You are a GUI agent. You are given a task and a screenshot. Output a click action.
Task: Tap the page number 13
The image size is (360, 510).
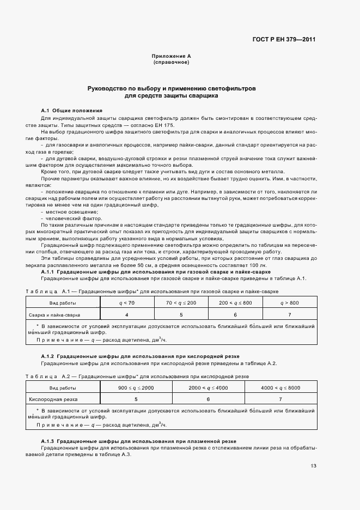tap(313, 465)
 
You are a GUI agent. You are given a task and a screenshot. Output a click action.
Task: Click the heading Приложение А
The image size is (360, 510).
tap(170, 57)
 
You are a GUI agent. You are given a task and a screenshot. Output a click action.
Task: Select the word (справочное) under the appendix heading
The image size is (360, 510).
tap(170, 63)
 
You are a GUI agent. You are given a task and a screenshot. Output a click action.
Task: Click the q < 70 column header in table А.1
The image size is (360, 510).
tap(127, 302)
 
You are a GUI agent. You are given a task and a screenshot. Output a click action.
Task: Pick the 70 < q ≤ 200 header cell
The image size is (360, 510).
tap(181, 302)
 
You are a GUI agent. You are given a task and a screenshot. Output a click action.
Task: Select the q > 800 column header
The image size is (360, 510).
tap(289, 302)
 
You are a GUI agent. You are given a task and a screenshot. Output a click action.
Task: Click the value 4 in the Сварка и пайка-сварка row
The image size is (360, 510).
tap(127, 315)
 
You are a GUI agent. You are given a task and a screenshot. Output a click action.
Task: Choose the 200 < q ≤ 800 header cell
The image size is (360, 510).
tap(235, 302)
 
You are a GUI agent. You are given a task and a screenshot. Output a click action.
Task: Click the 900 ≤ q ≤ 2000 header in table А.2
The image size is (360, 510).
tap(136, 387)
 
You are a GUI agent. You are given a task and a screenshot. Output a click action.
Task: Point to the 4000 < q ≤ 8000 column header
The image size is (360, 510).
tap(280, 387)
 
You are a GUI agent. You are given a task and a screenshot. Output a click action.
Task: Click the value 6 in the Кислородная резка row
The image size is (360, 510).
tap(208, 399)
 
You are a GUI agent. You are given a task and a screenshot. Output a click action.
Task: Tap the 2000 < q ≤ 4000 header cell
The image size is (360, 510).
tap(208, 387)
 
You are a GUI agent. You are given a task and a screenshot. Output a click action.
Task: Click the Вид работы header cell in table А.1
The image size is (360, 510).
tap(63, 302)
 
